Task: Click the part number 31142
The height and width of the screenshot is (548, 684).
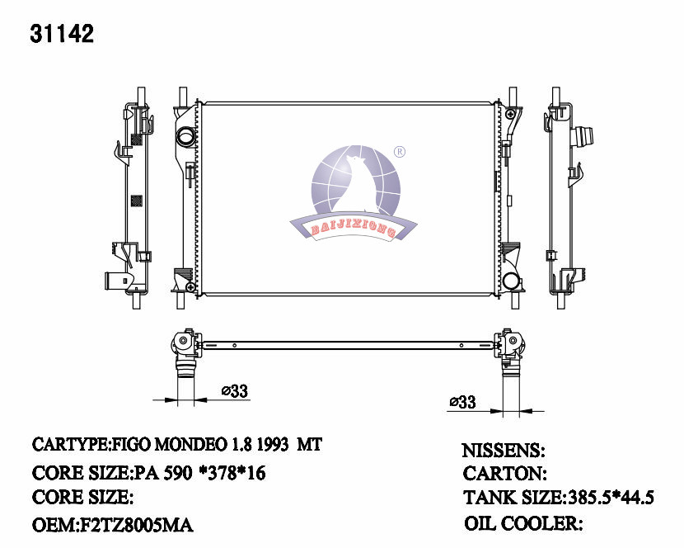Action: pyautogui.click(x=62, y=33)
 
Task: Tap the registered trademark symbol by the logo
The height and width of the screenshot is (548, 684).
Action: pyautogui.click(x=399, y=152)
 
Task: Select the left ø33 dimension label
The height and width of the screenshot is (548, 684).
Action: pyautogui.click(x=235, y=392)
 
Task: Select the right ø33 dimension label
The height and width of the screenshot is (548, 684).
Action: pyautogui.click(x=462, y=402)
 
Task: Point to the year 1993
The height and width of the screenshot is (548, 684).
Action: pyautogui.click(x=269, y=445)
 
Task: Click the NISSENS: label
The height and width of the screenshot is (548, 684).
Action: pyautogui.click(x=503, y=451)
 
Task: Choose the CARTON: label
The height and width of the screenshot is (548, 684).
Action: pyautogui.click(x=504, y=474)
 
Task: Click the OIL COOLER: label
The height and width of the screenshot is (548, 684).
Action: pyautogui.click(x=524, y=523)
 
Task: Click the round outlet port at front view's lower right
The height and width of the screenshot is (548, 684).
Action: pyautogui.click(x=513, y=281)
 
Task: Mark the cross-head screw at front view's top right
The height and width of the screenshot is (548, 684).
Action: pyautogui.click(x=512, y=112)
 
